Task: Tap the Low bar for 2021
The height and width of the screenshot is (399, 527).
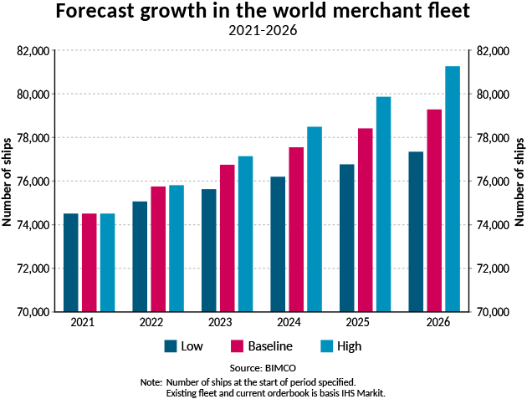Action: tap(71, 263)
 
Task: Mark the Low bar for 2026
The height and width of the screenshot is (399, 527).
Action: tap(416, 232)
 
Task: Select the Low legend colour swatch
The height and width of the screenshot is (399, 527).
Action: tap(171, 345)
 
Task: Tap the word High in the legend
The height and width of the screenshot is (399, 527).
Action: tap(350, 345)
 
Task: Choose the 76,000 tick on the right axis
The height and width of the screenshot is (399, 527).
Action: tap(494, 182)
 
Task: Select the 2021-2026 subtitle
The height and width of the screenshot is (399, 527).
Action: tap(263, 32)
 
